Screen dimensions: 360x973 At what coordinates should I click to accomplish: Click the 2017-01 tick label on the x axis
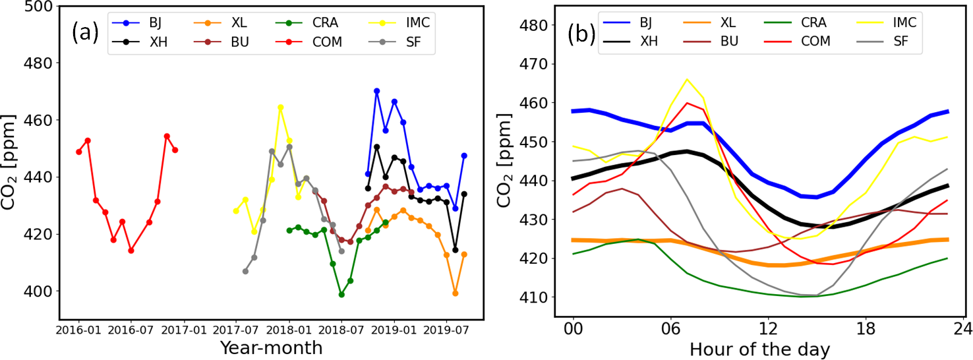183,328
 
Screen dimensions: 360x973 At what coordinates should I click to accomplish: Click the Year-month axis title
271,347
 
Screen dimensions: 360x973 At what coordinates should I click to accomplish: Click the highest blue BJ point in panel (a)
376,91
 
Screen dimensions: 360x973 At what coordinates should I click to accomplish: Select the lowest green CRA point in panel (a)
341,295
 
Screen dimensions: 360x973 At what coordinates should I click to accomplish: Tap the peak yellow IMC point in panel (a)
280,107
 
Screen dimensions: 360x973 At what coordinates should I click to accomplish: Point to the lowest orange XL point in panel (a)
455,293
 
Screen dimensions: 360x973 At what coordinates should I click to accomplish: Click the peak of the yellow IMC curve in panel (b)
687,80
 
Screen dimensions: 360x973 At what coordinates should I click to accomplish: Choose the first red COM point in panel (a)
79,152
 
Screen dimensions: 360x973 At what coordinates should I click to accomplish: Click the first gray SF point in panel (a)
245,271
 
